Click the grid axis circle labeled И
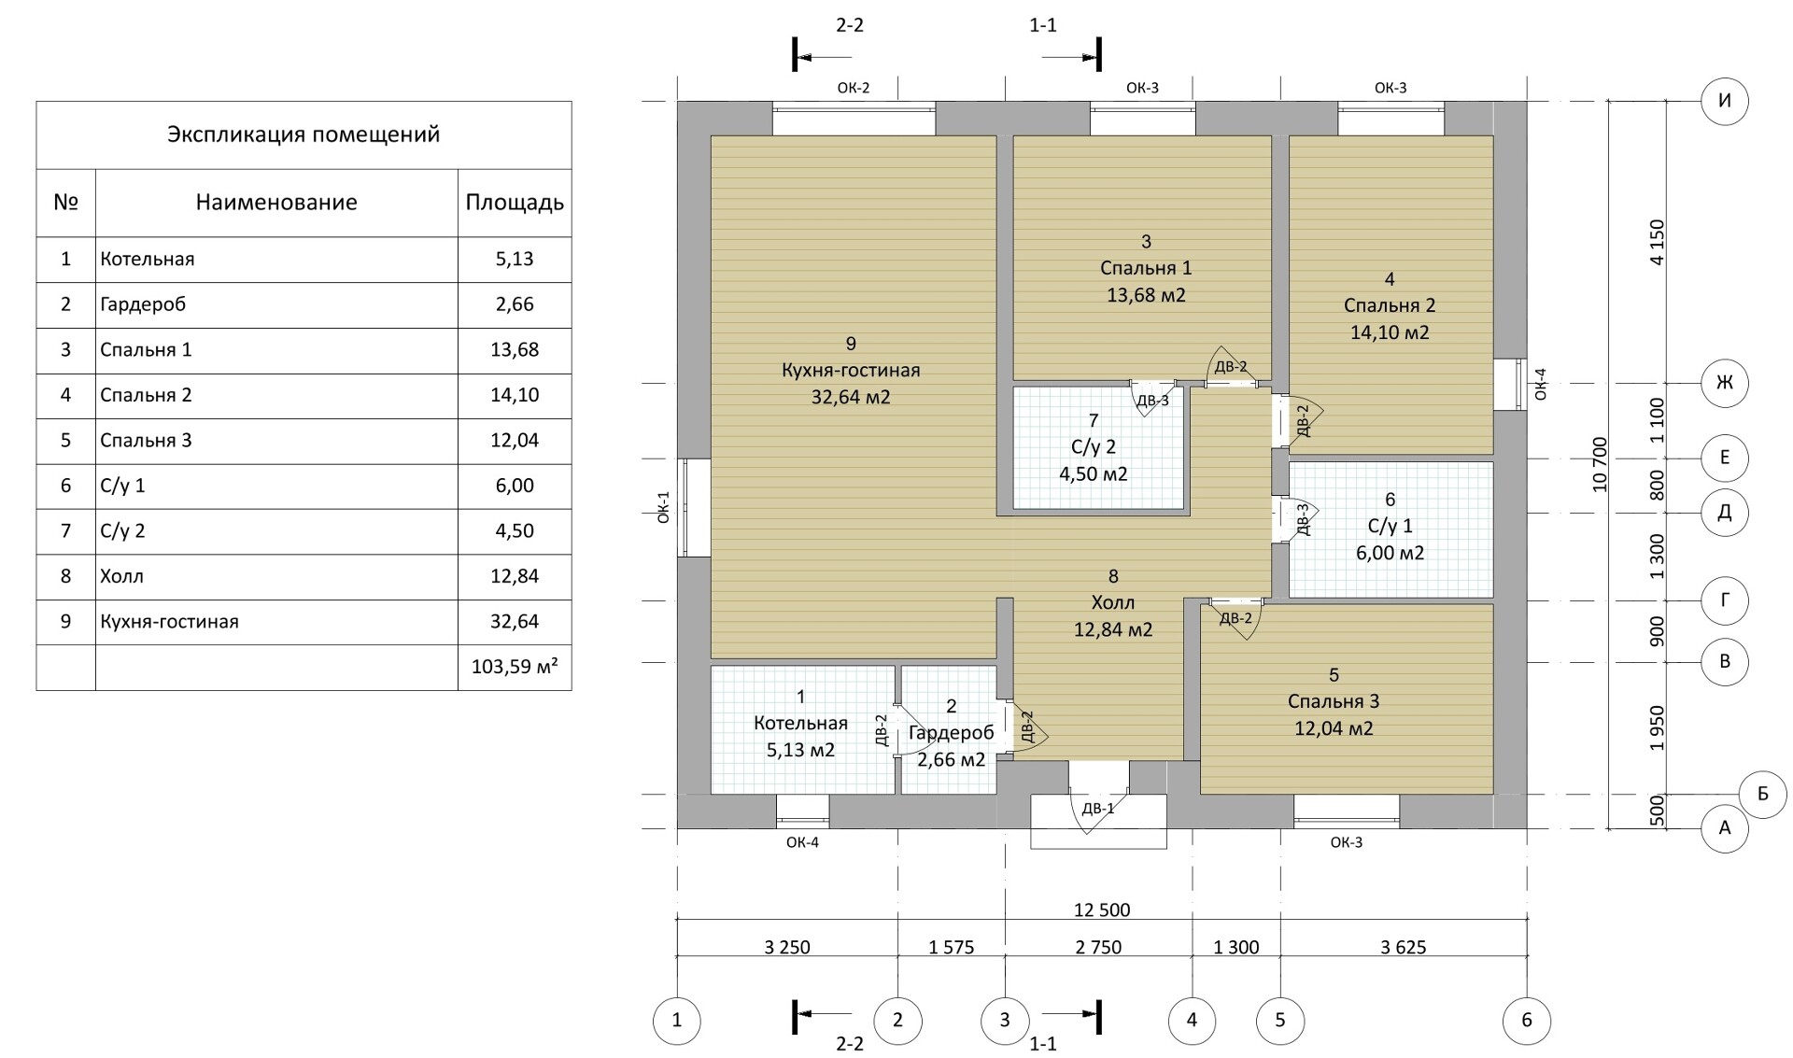tap(1725, 101)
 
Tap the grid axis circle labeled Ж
tap(1725, 383)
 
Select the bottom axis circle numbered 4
tap(1193, 1021)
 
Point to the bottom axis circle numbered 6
tap(1527, 1021)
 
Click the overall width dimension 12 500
tap(1102, 910)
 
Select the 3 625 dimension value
tap(1403, 947)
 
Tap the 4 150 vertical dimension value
tap(1657, 243)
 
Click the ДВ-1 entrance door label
tap(1098, 809)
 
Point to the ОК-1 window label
tap(664, 507)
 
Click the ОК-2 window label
tap(854, 88)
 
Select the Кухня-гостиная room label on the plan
tap(851, 371)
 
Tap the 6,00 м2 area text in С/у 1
tap(1391, 553)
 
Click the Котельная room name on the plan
tap(800, 723)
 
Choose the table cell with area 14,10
tap(515, 395)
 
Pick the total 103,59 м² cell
tap(515, 667)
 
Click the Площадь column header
tap(515, 203)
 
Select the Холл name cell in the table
tap(276, 576)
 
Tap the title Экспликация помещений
tap(304, 134)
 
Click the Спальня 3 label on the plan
tap(1333, 701)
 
